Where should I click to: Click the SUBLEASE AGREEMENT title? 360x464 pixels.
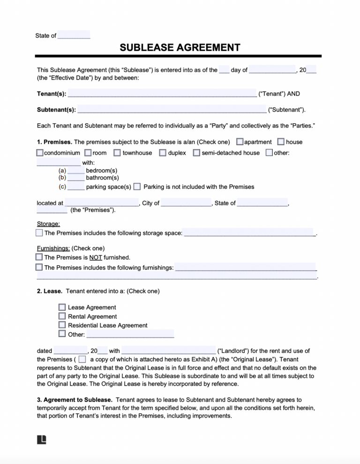point(180,48)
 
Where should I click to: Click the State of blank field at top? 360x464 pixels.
point(74,36)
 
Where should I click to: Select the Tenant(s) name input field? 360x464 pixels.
point(162,93)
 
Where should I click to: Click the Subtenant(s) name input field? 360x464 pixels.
point(172,110)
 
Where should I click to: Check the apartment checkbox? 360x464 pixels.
point(240,142)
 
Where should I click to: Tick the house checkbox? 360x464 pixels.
point(281,142)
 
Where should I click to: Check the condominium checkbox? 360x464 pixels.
point(40,153)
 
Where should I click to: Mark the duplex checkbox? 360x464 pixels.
point(163,153)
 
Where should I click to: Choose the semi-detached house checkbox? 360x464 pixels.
point(197,153)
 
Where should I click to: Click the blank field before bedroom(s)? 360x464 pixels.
point(76,171)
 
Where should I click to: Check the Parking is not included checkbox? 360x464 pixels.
point(137,187)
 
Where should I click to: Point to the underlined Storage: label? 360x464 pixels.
point(48,224)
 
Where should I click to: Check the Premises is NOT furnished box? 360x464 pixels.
point(39,257)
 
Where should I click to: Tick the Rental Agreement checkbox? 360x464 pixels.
point(62,316)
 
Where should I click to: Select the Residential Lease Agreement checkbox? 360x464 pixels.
point(62,325)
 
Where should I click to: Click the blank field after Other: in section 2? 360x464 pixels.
point(130,334)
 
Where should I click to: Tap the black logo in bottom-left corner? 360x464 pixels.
point(41,439)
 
